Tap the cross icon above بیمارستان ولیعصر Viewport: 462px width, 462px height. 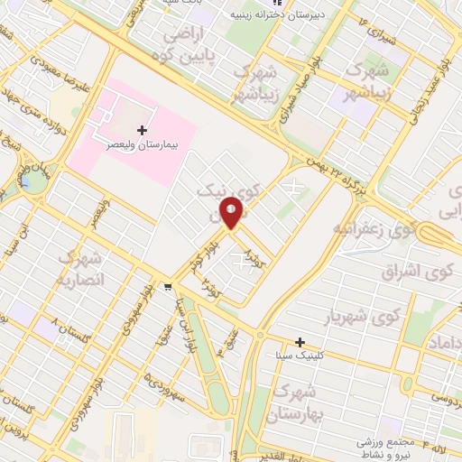(x=142, y=131)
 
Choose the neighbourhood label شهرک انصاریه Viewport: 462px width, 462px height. (x=82, y=269)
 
